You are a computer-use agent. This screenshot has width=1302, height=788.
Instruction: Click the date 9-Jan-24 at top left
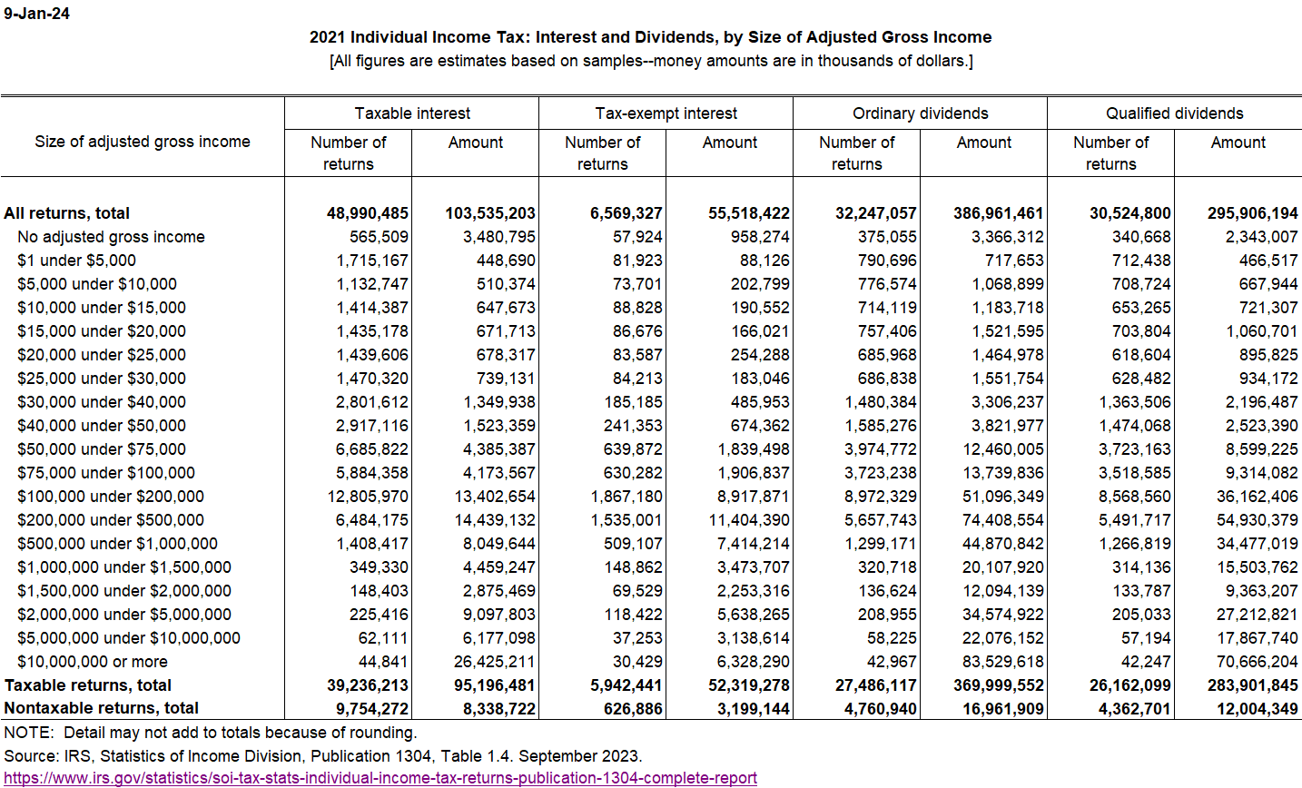[36, 14]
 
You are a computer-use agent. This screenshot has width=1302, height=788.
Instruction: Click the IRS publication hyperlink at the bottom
[380, 778]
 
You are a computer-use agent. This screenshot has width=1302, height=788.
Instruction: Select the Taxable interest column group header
[412, 113]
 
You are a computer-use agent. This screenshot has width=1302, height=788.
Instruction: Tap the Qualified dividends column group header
[1174, 113]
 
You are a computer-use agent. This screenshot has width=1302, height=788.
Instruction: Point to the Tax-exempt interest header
[666, 113]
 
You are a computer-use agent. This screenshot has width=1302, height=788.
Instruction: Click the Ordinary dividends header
[920, 113]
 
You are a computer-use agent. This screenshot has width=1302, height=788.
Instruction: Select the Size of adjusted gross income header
[143, 142]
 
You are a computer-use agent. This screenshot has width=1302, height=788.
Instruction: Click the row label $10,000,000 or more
[93, 662]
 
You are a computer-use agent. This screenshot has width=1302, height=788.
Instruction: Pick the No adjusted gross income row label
[111, 237]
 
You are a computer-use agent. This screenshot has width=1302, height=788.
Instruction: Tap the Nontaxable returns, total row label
[102, 708]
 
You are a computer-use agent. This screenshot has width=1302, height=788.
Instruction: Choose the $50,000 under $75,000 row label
[102, 449]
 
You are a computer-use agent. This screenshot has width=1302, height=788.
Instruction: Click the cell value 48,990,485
[368, 213]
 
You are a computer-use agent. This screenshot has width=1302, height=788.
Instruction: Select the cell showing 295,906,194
[1252, 213]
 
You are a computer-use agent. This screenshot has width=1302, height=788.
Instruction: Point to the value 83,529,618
[1002, 662]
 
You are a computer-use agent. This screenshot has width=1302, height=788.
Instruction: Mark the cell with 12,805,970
[368, 497]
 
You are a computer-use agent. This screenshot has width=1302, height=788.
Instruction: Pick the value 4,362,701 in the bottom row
[1130, 708]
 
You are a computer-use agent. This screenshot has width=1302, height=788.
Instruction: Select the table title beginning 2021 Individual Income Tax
[650, 37]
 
